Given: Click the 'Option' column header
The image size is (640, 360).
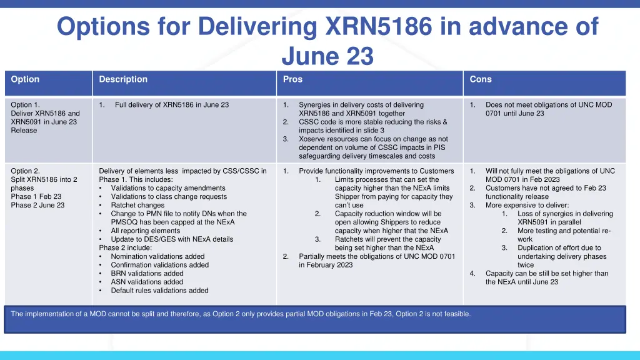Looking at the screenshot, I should tap(25, 79).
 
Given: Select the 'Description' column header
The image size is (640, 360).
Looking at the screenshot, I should tap(123, 79).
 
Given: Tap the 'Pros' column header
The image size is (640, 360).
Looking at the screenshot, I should tap(292, 79).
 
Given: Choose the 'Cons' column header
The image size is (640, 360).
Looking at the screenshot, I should tap(481, 79).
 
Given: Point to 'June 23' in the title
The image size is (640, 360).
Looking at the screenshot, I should tap(327, 56).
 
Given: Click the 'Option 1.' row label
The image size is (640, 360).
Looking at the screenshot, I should tap(26, 105).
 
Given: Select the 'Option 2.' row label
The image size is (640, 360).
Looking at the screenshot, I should tap(26, 171).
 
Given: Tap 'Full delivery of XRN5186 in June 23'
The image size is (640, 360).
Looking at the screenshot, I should tap(172, 105).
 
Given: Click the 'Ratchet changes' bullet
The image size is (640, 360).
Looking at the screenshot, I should tap(137, 205).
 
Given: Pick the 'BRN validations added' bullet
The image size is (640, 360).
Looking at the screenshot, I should tap(147, 273).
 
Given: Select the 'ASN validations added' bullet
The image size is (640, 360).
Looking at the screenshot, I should tap(147, 282).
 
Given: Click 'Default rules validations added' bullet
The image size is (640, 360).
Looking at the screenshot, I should tap(159, 291).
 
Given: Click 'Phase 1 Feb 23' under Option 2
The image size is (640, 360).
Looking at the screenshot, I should tap(36, 196).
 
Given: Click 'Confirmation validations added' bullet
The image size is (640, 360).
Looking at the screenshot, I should tap(159, 265).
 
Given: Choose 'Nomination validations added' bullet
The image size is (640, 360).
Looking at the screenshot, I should tap(157, 256).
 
